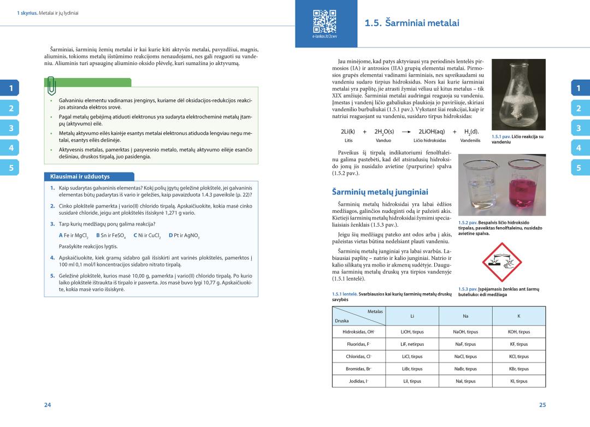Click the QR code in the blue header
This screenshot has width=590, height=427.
(320, 21)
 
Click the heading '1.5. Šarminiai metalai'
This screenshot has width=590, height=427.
(411, 23)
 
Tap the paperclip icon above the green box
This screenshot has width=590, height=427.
(51, 85)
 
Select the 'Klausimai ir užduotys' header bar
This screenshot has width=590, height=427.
(88, 176)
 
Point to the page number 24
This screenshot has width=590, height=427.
(48, 405)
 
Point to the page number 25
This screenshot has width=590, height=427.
(542, 405)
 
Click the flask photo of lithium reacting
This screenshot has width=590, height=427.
(518, 94)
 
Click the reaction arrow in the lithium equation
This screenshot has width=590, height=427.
(405, 132)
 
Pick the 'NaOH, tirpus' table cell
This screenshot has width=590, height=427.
(465, 331)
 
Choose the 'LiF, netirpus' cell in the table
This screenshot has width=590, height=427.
(412, 344)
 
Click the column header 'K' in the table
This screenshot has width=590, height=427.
(518, 316)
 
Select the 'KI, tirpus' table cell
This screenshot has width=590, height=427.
(518, 381)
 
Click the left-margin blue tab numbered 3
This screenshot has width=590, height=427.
(10, 128)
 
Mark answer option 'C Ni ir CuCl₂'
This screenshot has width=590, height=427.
(147, 235)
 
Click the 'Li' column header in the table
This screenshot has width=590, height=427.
(412, 316)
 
